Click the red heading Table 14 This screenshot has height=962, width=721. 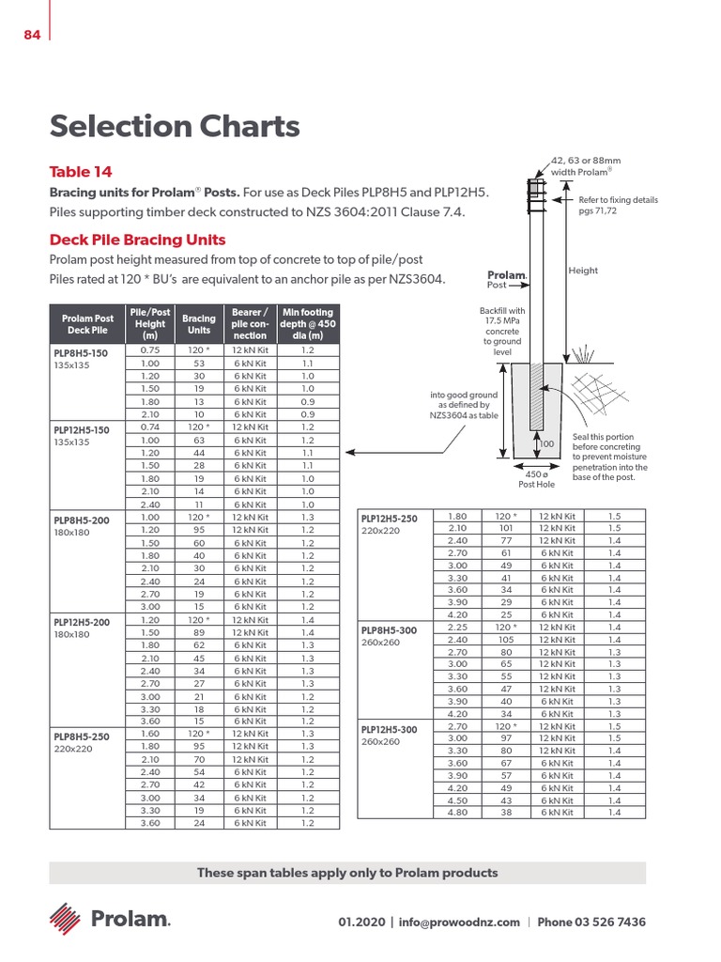point(81,172)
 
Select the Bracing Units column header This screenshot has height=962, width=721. point(199,324)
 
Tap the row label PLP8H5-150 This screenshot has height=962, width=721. point(82,354)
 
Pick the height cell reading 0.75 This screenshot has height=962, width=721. point(149,349)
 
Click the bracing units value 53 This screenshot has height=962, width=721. point(199,363)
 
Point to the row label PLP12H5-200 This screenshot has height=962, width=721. point(82,622)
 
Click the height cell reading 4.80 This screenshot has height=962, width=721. point(457,812)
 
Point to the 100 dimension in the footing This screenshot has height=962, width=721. point(546,442)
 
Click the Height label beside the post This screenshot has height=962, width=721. point(583,271)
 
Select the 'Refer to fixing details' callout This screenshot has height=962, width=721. point(618,205)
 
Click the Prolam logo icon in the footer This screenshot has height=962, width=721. point(65,917)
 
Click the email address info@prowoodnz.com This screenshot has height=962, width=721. point(459,923)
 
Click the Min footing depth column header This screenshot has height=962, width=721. point(307,324)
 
